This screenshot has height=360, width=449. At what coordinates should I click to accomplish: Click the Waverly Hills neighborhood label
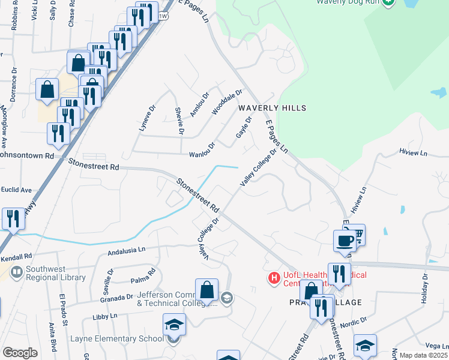(x=272, y=108)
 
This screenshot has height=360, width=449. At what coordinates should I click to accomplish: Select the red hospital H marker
(x=274, y=278)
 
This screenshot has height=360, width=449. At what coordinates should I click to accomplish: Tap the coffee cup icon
(x=345, y=241)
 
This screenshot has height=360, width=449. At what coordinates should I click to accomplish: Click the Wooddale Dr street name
(x=227, y=102)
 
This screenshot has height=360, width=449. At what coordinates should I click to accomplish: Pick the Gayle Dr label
(x=243, y=127)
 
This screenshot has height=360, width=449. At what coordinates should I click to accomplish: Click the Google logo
(x=20, y=353)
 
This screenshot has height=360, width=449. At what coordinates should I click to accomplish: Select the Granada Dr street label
(x=116, y=297)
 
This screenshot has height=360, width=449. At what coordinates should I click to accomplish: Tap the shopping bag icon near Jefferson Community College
(x=206, y=289)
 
